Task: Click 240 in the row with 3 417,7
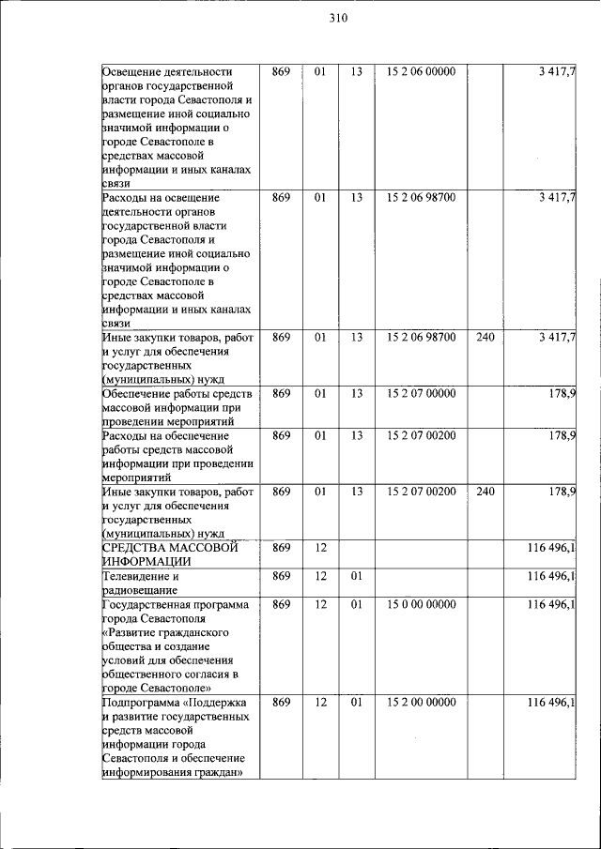tap(485, 336)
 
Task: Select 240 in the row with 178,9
tap(485, 491)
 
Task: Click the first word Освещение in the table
tap(138, 71)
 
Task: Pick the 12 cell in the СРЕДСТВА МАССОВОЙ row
tap(320, 548)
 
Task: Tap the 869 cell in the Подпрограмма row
tap(281, 703)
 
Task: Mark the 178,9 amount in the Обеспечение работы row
tap(562, 394)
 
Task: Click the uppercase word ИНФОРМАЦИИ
tap(146, 561)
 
